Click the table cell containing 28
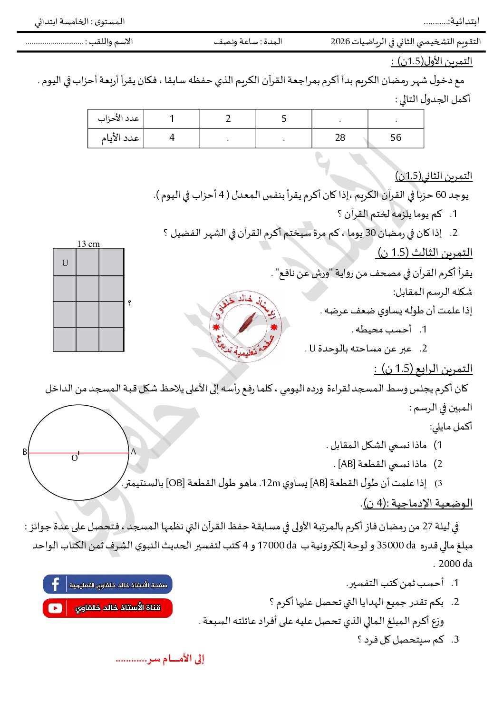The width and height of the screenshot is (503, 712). (x=340, y=138)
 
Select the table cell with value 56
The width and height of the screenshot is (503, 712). (x=396, y=138)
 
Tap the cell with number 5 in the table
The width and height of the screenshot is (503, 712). (x=284, y=119)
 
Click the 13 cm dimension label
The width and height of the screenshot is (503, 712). (x=88, y=244)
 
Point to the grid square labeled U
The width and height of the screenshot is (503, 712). (x=65, y=263)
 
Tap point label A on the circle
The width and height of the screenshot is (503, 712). (x=134, y=451)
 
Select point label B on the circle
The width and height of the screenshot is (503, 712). (x=25, y=452)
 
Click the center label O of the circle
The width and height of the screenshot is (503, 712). (x=74, y=458)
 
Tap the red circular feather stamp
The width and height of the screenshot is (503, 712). (x=245, y=326)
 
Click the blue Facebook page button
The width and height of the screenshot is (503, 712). (x=107, y=585)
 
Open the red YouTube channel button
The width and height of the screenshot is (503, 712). (x=107, y=608)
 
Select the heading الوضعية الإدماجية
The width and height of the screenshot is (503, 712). (x=418, y=503)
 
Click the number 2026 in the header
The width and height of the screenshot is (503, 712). (x=340, y=41)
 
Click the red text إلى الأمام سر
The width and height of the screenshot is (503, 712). (x=160, y=659)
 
